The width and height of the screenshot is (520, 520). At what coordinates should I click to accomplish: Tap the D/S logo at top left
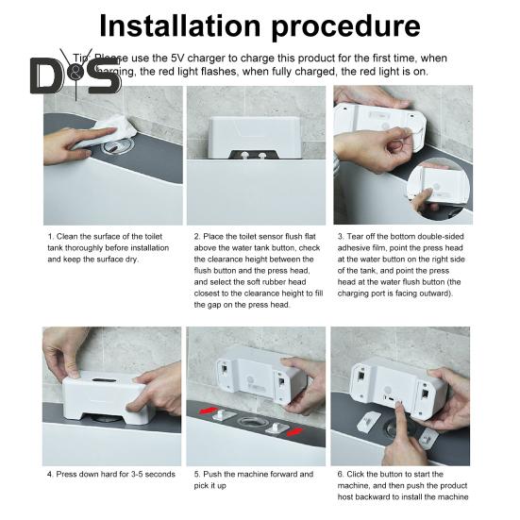(x=75, y=75)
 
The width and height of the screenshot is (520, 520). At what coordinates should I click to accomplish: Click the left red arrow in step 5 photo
(x=210, y=411)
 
